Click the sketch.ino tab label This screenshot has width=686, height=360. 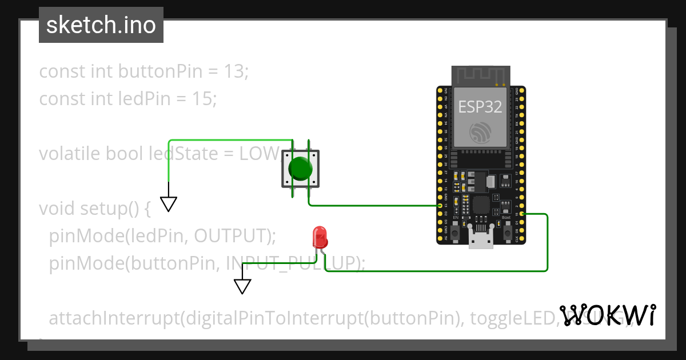[101, 25]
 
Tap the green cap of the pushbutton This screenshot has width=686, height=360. [300, 169]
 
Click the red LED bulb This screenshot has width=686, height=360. [320, 237]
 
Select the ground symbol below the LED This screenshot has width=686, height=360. [243, 286]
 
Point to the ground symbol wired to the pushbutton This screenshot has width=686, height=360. [169, 204]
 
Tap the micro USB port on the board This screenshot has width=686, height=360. [481, 237]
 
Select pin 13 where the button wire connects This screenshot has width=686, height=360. [440, 205]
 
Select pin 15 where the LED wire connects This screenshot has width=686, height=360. [523, 214]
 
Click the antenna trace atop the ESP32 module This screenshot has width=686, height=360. [480, 75]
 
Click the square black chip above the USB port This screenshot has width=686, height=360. [481, 205]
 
